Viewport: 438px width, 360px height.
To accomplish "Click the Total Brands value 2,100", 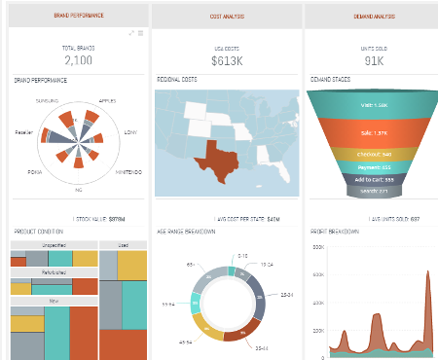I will [78, 59].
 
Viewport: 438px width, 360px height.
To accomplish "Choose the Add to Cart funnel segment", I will [363, 179].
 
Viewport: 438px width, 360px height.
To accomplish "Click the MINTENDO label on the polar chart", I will [130, 171].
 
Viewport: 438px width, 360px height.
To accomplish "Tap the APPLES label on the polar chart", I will [107, 100].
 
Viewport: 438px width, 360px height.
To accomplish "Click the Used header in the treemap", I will [123, 245].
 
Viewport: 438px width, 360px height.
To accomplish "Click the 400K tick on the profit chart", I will [315, 274].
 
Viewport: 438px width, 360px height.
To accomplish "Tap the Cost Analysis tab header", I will [226, 16].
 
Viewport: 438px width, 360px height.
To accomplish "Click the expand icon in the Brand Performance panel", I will [131, 33].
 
